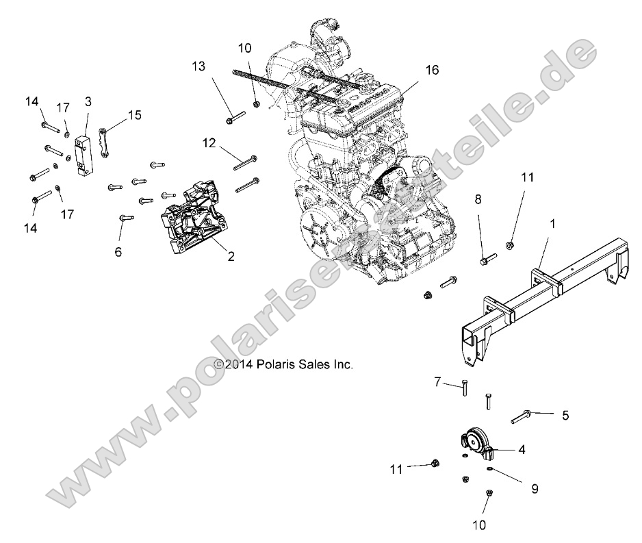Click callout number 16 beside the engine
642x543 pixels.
click(431, 70)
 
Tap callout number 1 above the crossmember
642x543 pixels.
click(553, 223)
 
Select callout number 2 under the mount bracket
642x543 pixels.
click(231, 257)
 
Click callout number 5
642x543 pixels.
click(565, 414)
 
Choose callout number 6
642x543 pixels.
click(118, 252)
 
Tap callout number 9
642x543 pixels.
click(535, 489)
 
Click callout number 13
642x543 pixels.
click(198, 66)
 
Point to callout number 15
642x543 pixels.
click(135, 114)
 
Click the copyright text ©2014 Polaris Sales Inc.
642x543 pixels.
click(284, 365)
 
